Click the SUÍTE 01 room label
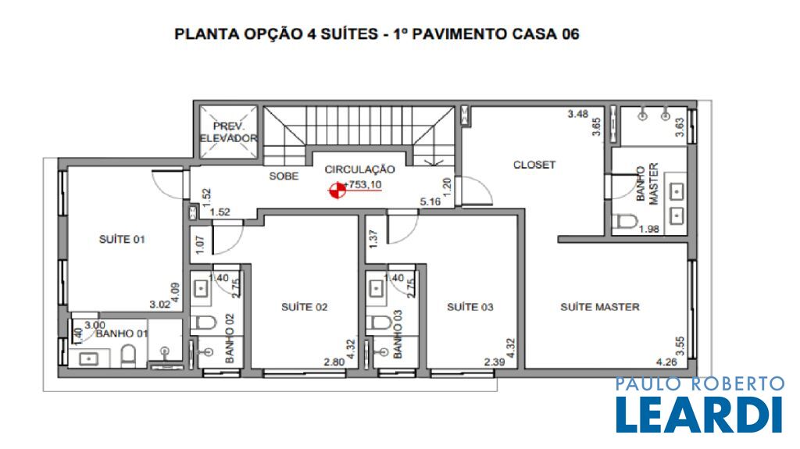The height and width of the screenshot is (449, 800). (x=122, y=239)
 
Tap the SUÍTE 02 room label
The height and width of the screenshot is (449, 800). (x=305, y=307)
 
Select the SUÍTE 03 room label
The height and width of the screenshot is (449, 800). (x=470, y=307)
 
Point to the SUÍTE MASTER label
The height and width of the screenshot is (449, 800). (x=600, y=307)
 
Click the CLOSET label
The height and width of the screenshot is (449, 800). (x=534, y=165)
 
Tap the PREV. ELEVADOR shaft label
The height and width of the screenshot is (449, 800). (x=229, y=132)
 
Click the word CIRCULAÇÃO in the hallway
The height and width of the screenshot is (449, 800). (x=359, y=169)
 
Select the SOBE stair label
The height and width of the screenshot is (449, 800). (x=284, y=176)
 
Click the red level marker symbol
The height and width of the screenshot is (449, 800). (x=337, y=191)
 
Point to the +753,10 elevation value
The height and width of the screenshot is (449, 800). (x=362, y=185)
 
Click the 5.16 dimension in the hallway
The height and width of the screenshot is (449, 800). (x=430, y=202)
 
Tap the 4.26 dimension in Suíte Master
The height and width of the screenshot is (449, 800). (x=667, y=362)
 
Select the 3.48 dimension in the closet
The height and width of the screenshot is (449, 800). (x=578, y=114)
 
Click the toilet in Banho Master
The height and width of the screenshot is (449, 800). (x=625, y=222)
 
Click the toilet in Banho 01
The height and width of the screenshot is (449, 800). (x=129, y=356)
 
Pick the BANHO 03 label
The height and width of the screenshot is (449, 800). (x=398, y=334)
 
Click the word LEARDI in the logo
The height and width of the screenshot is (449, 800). (x=699, y=415)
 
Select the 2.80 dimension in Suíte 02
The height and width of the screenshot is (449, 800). (x=334, y=362)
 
